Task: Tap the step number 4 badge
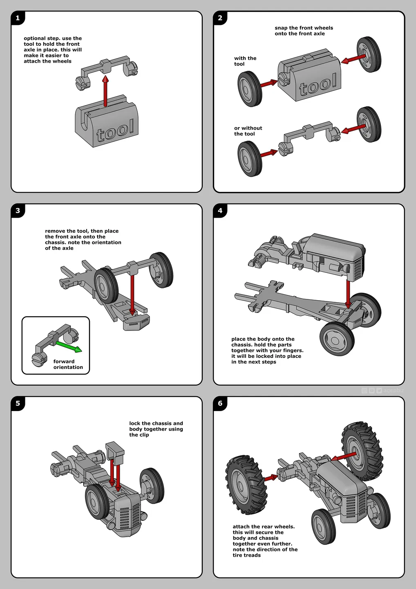tap(220, 210)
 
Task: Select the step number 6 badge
tap(220, 403)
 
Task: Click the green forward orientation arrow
tap(69, 346)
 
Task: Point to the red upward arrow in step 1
tap(105, 91)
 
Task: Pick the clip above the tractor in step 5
tap(115, 452)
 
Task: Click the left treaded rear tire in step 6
tap(246, 485)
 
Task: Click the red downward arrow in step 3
tap(132, 295)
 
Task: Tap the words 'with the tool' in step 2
tap(245, 61)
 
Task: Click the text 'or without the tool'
tap(248, 131)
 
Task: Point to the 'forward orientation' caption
tap(68, 364)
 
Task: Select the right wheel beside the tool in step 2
tap(369, 54)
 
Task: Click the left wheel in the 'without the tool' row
tap(250, 159)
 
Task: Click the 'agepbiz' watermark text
tap(394, 391)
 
